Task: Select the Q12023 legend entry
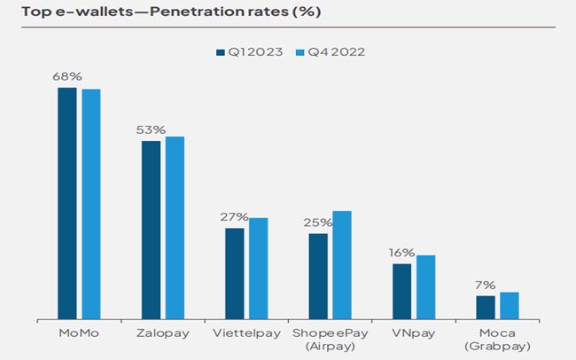pos(251,52)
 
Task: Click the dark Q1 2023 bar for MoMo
pos(67,203)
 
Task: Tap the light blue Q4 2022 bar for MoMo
pos(91,204)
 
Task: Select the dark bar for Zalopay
pos(151,230)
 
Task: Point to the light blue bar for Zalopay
pos(175,228)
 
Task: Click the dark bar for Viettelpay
pos(234,273)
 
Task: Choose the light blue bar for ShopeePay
pos(342,265)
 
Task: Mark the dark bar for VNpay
pos(401,291)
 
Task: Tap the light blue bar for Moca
pos(509,305)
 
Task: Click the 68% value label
pos(67,78)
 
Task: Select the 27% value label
pos(234,217)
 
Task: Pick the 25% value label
pos(318,223)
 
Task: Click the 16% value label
pos(401,253)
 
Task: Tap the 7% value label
pos(486,286)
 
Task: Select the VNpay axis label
pos(413,334)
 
